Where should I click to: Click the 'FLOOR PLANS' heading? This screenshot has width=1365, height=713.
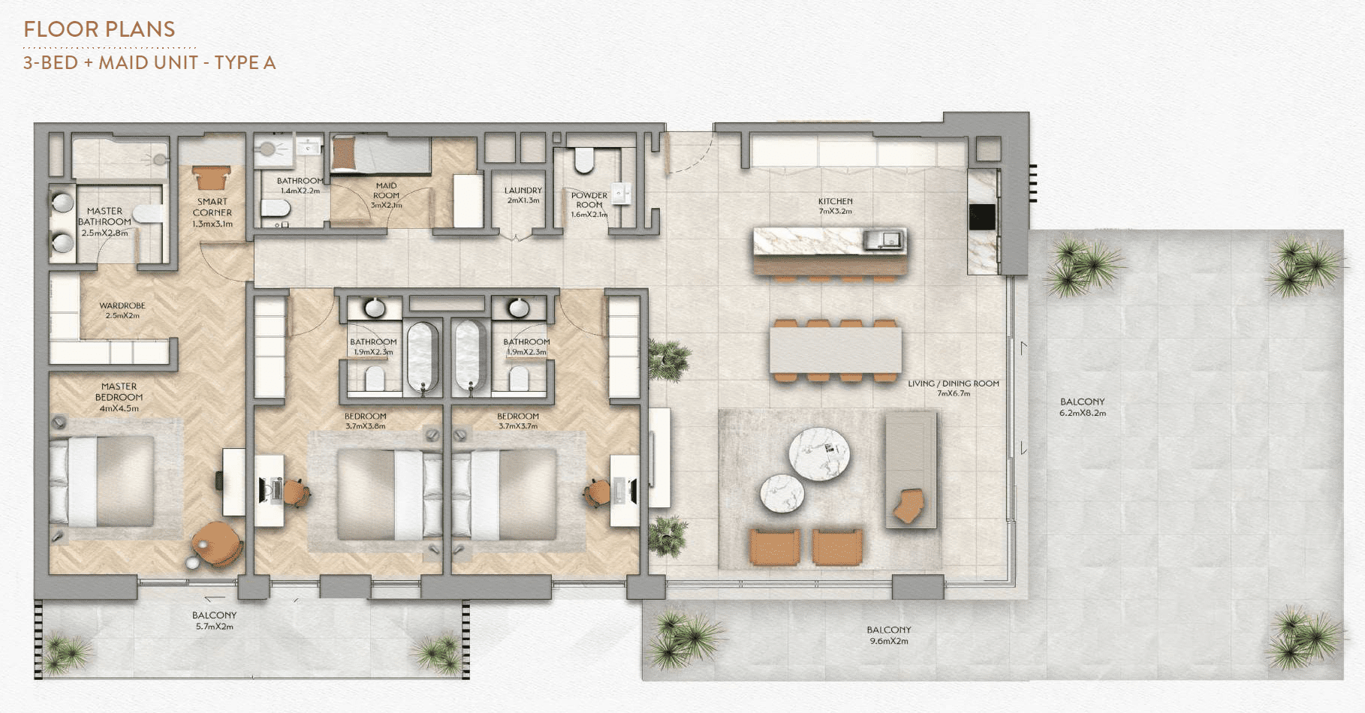[99, 29]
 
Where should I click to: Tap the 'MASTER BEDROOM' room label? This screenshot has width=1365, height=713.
[119, 392]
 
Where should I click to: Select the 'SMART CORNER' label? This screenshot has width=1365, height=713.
[212, 207]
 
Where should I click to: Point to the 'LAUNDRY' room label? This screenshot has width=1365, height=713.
[523, 191]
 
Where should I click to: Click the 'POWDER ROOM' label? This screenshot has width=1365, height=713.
[589, 200]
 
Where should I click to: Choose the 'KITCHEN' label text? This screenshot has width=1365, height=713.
[836, 201]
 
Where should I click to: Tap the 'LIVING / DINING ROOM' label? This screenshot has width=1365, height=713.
[954, 384]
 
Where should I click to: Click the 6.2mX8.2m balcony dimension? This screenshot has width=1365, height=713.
[1083, 413]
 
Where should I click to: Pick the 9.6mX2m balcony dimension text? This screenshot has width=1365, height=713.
[889, 641]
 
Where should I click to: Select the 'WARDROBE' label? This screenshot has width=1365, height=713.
[122, 305]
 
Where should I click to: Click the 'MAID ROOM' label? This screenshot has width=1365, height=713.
[387, 191]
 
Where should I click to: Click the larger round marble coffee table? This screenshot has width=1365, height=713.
[819, 453]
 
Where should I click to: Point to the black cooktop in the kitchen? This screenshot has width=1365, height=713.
[981, 217]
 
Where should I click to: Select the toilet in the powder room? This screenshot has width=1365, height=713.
[583, 159]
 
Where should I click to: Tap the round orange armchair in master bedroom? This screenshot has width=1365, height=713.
[217, 543]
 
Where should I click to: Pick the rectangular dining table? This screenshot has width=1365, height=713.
[835, 350]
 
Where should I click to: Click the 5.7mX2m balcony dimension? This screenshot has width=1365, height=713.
[215, 626]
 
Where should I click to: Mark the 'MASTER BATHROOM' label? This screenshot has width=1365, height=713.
[104, 216]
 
